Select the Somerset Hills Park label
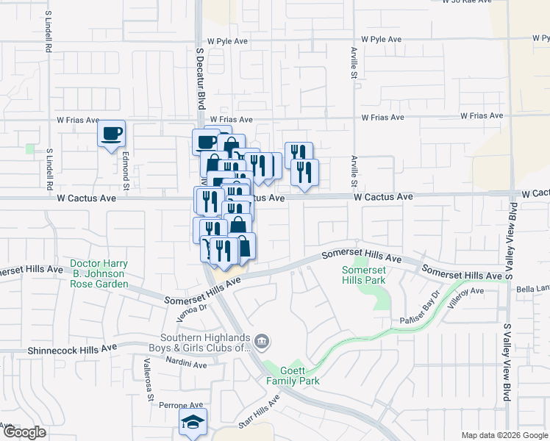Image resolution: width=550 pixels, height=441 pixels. click(362, 275)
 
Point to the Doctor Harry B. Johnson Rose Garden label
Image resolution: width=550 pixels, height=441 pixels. click(99, 273)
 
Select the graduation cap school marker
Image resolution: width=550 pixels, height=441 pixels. click(193, 423)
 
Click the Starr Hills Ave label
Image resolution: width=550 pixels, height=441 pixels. click(259, 412)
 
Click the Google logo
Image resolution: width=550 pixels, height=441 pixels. click(24, 432)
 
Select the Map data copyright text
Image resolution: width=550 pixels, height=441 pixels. click(504, 435)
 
